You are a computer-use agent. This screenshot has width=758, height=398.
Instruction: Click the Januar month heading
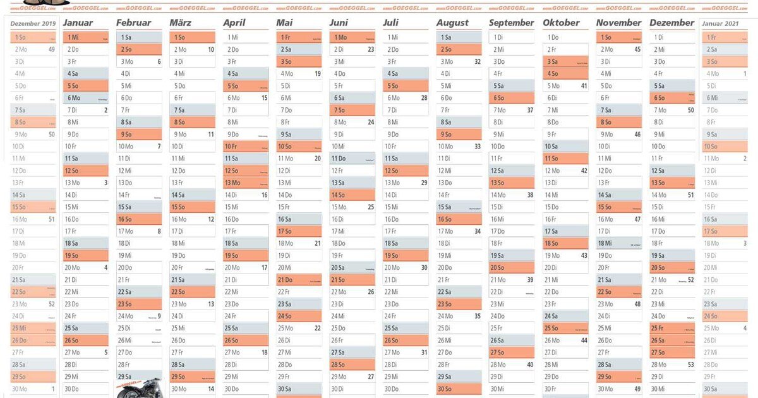pyautogui.click(x=78, y=23)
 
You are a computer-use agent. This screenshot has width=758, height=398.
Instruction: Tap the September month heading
pyautogui.click(x=511, y=23)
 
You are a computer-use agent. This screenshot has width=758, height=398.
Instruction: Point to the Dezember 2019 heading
pyautogui.click(x=33, y=23)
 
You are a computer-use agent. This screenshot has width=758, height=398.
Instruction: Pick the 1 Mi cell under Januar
pyautogui.click(x=86, y=37)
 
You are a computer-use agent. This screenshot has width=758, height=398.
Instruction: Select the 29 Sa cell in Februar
pyautogui.click(x=139, y=377)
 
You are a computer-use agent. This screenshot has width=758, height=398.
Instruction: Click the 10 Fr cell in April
pyautogui.click(x=246, y=146)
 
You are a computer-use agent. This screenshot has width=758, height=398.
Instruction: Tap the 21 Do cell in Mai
pyautogui.click(x=299, y=279)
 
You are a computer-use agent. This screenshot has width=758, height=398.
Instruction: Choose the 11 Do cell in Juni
pyautogui.click(x=352, y=159)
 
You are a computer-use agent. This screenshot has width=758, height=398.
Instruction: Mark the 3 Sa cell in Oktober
pyautogui.click(x=565, y=62)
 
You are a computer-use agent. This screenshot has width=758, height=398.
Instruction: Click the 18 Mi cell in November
pyautogui.click(x=619, y=243)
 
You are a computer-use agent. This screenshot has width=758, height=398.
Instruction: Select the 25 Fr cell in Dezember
pyautogui.click(x=673, y=328)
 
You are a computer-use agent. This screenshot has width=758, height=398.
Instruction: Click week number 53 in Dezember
pyautogui.click(x=690, y=365)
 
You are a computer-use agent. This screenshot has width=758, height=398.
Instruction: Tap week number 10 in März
pyautogui.click(x=211, y=49)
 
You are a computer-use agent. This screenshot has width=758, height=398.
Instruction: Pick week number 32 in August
pyautogui.click(x=478, y=62)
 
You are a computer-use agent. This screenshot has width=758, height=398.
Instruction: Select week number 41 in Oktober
pyautogui.click(x=584, y=86)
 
